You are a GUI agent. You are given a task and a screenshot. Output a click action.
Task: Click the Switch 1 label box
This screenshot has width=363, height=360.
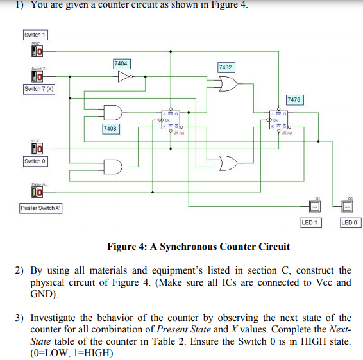(x=35, y=35)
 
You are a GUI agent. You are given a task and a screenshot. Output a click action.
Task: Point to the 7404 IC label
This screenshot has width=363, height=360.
(x=121, y=63)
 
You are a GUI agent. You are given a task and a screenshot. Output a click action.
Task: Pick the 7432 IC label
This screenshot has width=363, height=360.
(x=225, y=67)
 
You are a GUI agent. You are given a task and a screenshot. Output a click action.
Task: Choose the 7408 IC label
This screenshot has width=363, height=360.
(x=110, y=129)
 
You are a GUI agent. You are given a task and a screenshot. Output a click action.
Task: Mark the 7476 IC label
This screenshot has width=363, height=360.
(x=294, y=100)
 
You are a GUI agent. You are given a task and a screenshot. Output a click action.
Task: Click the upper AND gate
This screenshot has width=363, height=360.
(x=113, y=112)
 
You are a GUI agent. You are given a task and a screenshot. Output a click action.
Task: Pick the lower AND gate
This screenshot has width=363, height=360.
(x=113, y=166)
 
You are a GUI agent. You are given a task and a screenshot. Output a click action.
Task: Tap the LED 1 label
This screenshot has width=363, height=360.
(x=312, y=222)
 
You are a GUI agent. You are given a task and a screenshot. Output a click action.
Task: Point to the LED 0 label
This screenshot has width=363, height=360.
(x=350, y=222)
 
